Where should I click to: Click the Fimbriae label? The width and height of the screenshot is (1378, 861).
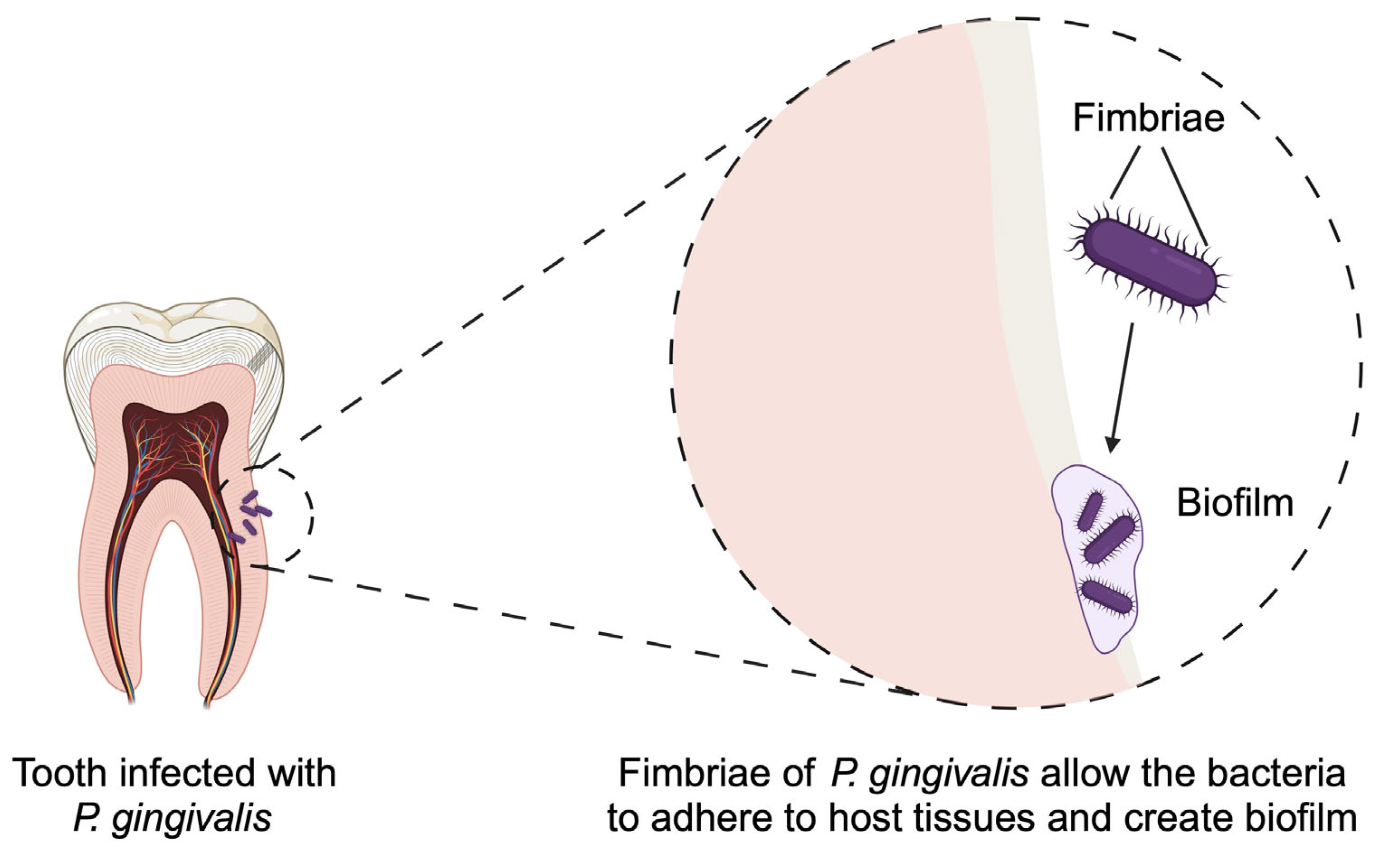1149,119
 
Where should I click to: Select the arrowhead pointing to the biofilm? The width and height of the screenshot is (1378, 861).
1112,445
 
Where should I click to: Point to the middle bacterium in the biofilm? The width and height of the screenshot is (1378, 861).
1109,540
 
